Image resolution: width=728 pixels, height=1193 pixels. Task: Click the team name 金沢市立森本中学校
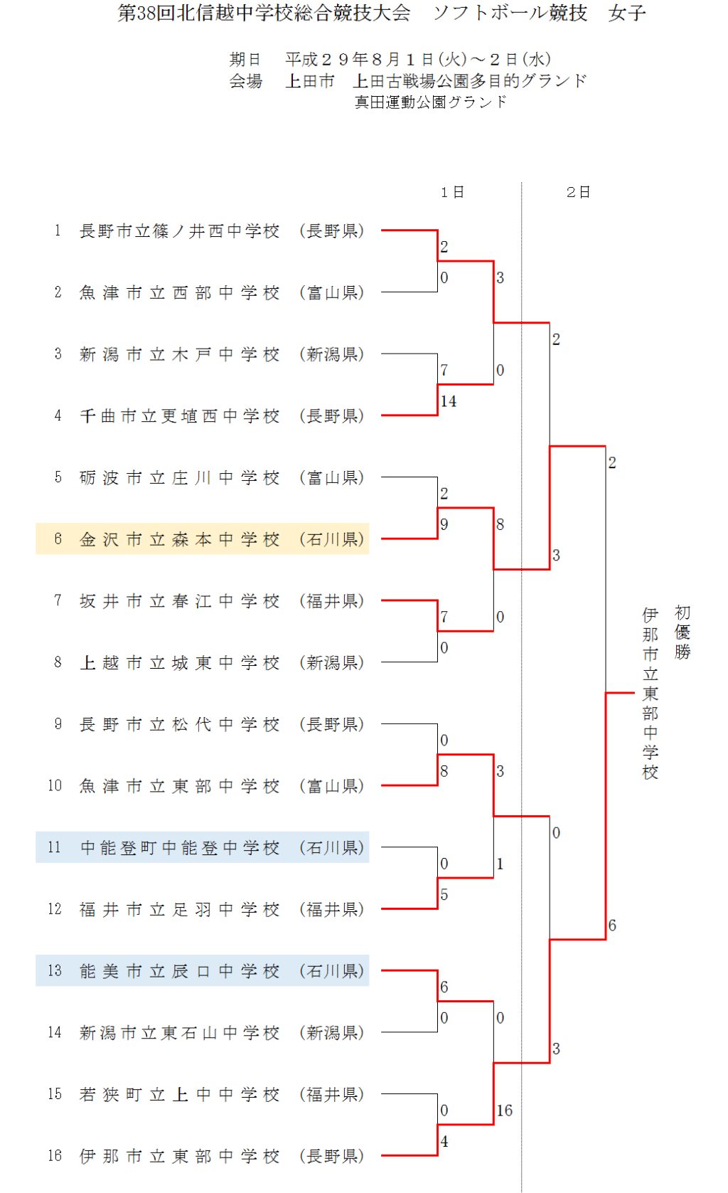pos(179,539)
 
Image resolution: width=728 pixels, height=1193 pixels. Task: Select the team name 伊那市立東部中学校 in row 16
pos(179,1156)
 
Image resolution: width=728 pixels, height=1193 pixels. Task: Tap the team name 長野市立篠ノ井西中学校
pos(179,231)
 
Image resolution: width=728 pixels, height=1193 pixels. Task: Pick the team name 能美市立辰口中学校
pos(179,971)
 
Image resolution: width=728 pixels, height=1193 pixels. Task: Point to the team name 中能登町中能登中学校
pos(179,848)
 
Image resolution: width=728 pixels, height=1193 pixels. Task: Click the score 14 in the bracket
pos(449,401)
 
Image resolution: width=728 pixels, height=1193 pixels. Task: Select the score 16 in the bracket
pos(505,1110)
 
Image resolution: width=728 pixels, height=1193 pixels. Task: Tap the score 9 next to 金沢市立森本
pos(444,524)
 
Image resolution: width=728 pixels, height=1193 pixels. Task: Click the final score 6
pos(612,926)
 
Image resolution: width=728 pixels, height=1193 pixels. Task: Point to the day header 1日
pos(452,192)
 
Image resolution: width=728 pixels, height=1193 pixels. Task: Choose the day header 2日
pos(579,192)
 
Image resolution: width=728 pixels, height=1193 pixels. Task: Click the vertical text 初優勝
pos(682,632)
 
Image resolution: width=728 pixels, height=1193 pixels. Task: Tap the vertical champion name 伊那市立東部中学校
pos(651,694)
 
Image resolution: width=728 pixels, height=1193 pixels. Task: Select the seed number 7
pos(58,600)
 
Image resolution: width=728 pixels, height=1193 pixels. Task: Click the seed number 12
pos(55,909)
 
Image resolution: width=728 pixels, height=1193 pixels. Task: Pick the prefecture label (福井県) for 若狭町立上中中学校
pos(332,1095)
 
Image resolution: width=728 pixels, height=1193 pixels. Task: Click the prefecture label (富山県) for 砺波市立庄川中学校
pos(332,477)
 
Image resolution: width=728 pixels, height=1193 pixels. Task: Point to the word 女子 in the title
pos(627,14)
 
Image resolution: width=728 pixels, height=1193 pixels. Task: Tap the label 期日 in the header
pos(245,60)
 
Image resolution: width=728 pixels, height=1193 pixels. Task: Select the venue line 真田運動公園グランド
pos(432,102)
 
